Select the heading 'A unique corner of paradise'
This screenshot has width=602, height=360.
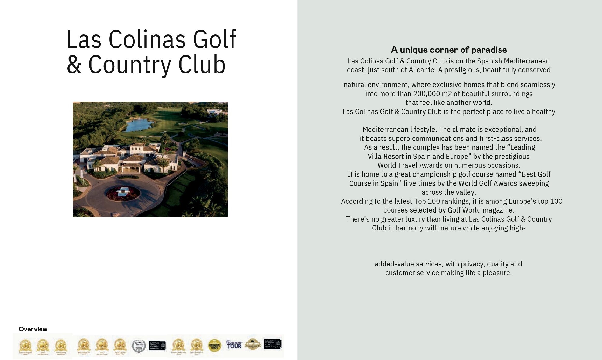point(449,50)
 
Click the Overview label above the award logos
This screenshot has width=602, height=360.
point(33,329)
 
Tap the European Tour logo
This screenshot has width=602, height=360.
point(234,345)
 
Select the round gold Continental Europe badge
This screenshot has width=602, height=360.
point(214,345)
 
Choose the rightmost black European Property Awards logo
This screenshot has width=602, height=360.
point(272,344)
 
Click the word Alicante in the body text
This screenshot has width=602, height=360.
point(422,70)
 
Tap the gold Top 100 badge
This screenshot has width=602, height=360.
point(253,344)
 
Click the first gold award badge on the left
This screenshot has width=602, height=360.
point(25,346)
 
